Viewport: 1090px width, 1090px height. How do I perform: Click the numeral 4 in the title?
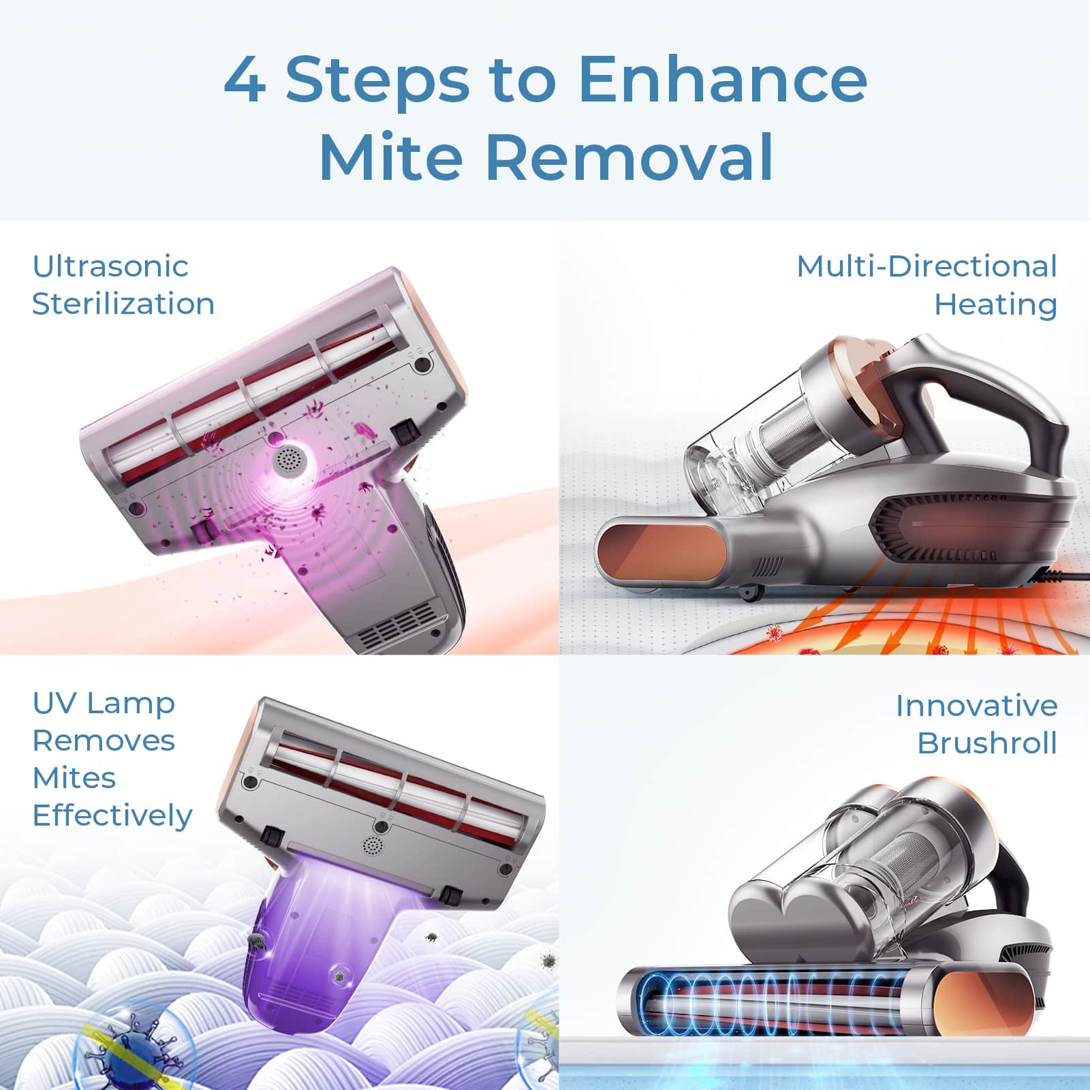pos(245,80)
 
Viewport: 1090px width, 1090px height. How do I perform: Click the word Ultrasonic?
pos(110,266)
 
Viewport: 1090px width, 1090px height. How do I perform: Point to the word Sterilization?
pos(123,303)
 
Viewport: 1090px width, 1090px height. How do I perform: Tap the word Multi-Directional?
pos(926,266)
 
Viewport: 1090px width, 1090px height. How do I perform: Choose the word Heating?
pos(995,304)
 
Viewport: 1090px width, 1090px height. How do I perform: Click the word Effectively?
pos(112,815)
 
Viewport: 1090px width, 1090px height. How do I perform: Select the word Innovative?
pos(976,705)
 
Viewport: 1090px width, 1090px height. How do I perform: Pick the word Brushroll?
pos(986,743)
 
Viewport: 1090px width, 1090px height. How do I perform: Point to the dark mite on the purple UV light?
pos(256,941)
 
